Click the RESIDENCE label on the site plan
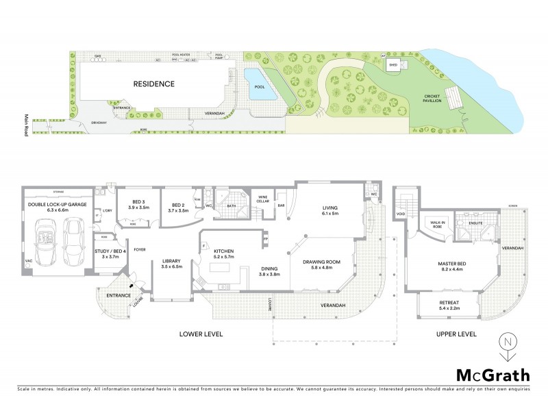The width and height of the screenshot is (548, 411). pos(153,84)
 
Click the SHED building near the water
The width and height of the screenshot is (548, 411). pos(393,66)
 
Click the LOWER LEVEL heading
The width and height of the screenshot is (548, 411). pos(201,334)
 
